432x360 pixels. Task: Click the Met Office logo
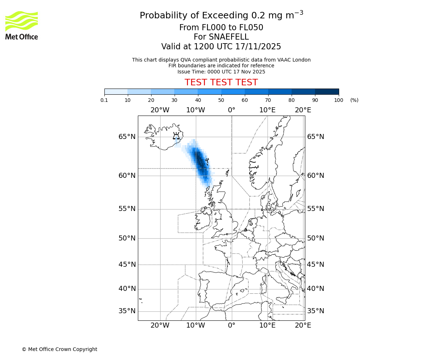(x=22, y=25)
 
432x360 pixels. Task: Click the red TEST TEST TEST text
(x=221, y=82)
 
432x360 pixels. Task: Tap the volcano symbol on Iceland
(x=176, y=136)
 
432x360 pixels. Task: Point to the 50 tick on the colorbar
(x=221, y=100)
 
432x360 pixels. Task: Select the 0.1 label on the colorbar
(x=104, y=100)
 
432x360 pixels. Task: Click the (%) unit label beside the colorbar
(x=354, y=100)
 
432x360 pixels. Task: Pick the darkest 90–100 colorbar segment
(x=327, y=91)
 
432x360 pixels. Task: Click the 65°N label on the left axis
(x=127, y=137)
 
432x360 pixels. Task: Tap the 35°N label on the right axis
(x=315, y=311)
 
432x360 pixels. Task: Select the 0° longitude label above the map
(x=231, y=110)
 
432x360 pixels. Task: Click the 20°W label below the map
(x=160, y=325)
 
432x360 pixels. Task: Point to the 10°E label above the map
(x=267, y=110)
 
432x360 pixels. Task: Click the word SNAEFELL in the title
(x=229, y=37)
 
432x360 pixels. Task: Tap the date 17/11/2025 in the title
(x=258, y=46)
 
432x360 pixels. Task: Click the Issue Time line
(x=221, y=72)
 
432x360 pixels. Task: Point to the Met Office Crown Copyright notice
(x=59, y=349)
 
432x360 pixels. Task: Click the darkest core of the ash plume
(x=200, y=162)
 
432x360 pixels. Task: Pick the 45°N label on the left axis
(x=127, y=265)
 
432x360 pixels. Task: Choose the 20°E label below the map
(x=303, y=325)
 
